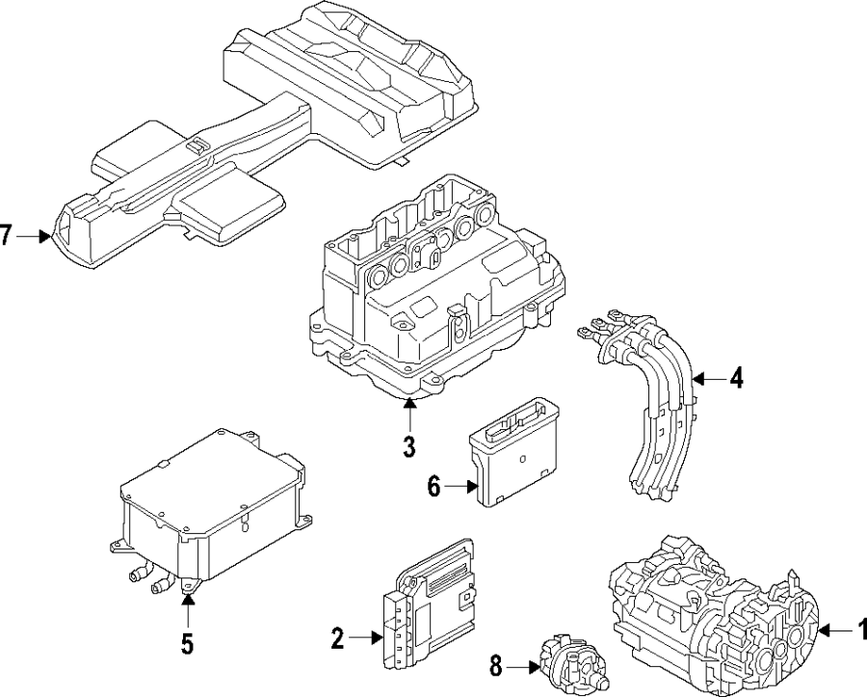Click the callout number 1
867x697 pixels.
860,631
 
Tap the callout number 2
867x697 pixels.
337,637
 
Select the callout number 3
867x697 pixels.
408,447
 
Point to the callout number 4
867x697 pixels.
736,379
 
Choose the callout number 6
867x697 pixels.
433,488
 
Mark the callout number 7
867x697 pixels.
8,235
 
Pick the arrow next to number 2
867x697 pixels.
366,637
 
